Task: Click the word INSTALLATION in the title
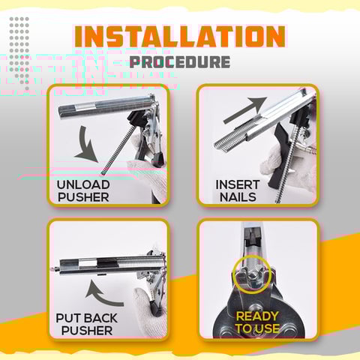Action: [180, 37]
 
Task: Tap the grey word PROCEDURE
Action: [180, 62]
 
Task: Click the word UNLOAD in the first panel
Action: [83, 184]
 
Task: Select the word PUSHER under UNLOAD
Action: [83, 197]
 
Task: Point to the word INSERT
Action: [238, 184]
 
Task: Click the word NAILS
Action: [238, 197]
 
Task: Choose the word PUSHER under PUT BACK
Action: [87, 331]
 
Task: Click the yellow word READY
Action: [257, 316]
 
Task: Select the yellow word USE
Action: [268, 328]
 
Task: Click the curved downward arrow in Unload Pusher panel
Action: [86, 145]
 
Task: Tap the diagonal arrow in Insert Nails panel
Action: [245, 110]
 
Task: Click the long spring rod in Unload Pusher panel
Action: [118, 150]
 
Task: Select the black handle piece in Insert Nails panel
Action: [279, 155]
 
